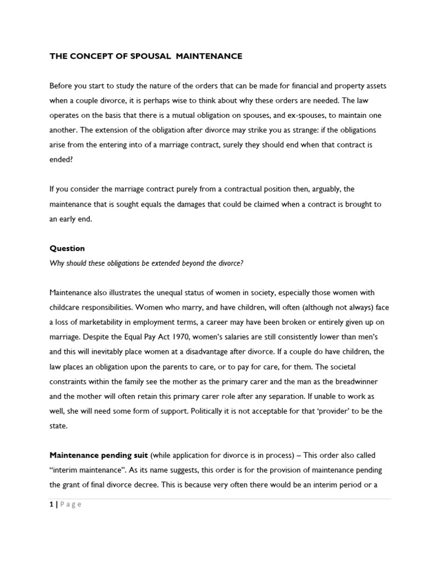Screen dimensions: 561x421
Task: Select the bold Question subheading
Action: (x=67, y=248)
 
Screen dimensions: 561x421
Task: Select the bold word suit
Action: (x=139, y=455)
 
